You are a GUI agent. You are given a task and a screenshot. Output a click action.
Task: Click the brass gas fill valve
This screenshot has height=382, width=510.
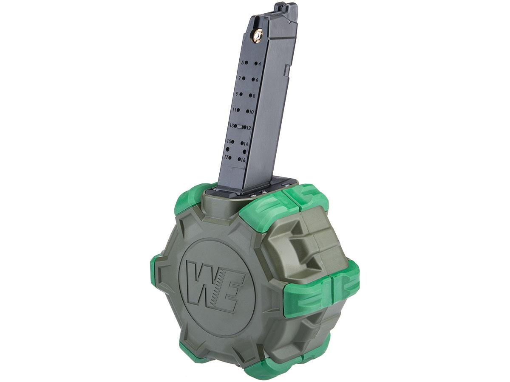pos(257,36)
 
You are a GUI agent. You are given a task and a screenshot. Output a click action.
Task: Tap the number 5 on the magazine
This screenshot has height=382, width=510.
pos(242,56)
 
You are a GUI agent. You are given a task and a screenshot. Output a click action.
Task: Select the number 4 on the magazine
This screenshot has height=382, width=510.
pos(260,57)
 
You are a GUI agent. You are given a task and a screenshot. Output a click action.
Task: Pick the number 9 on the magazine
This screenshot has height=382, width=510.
pos(237,94)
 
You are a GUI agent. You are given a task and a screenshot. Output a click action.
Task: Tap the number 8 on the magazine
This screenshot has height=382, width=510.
pos(254,95)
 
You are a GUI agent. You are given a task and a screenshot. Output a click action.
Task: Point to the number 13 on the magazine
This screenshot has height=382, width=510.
pos(232,126)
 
